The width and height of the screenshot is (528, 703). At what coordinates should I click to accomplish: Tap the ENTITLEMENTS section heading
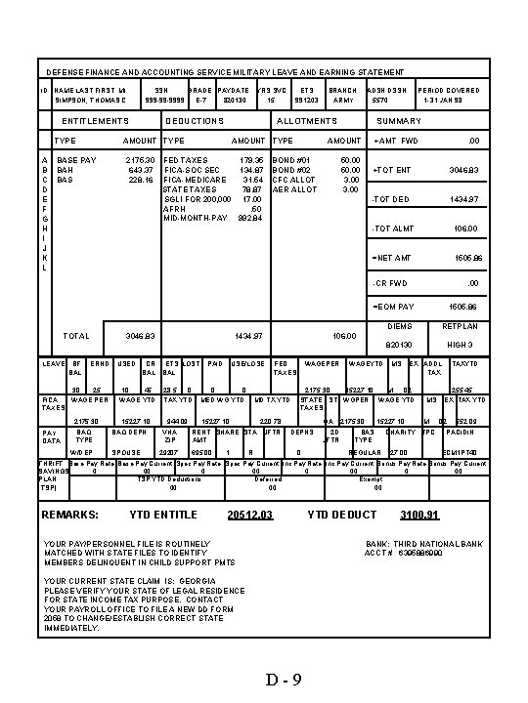coord(95,121)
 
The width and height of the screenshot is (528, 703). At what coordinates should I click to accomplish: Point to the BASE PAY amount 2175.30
coord(141,158)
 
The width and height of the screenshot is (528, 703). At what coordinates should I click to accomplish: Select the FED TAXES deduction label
coord(185,158)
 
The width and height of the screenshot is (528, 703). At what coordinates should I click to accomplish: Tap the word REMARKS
coord(68,514)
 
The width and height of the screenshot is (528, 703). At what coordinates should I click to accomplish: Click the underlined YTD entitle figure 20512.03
coord(248,514)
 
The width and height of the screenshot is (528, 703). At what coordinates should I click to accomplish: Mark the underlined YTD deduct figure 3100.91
coord(419,514)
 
